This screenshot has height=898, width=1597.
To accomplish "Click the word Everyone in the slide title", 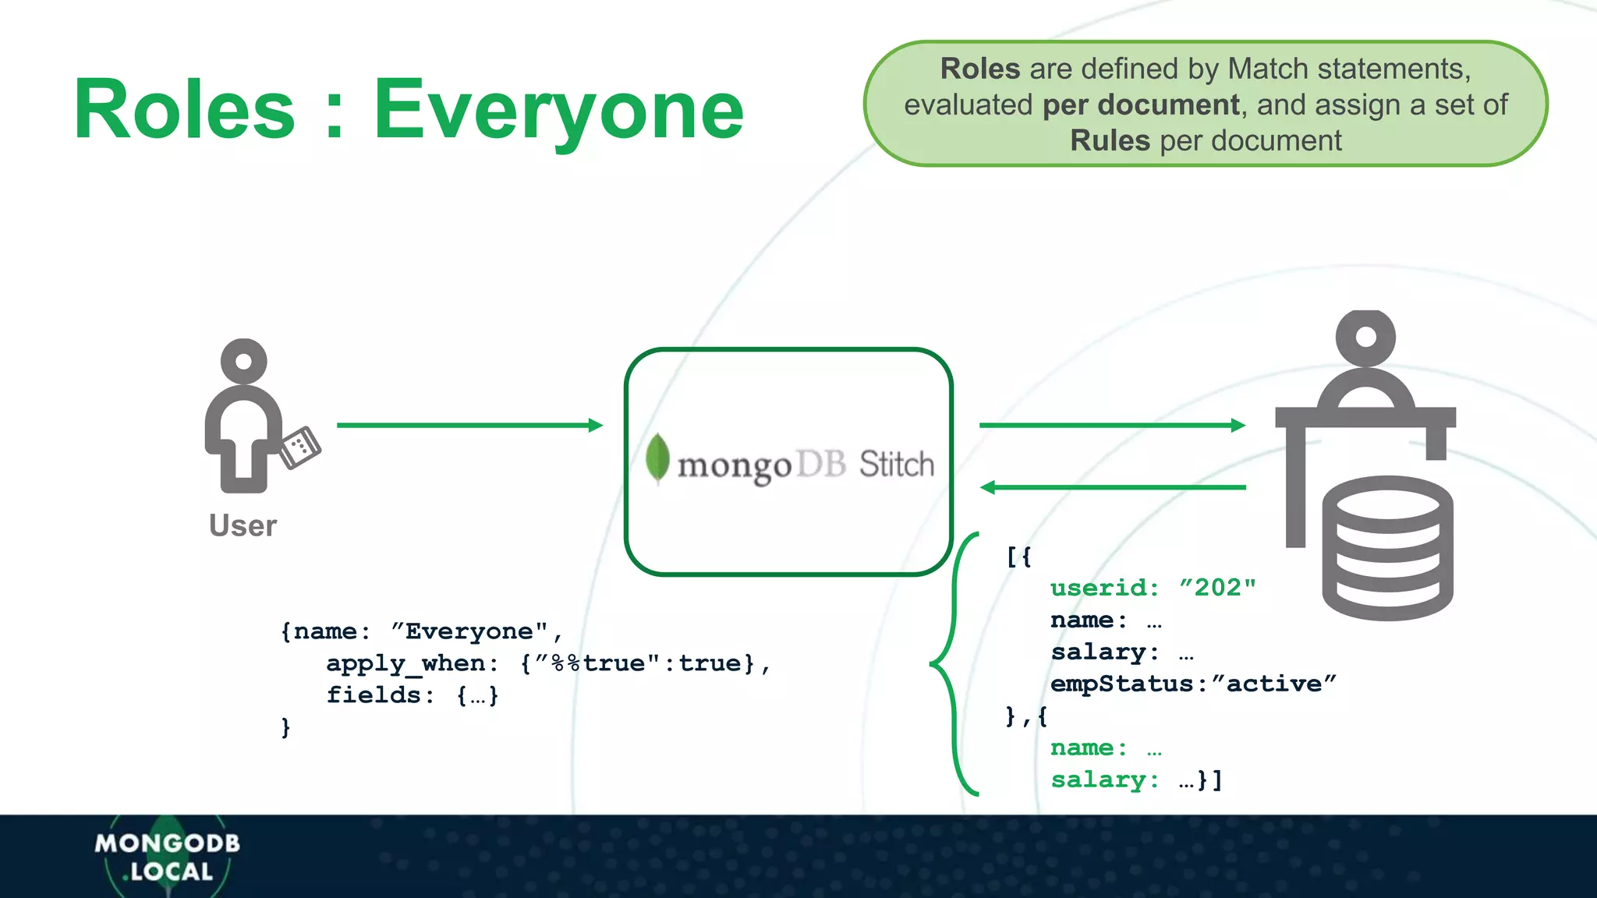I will pos(558,111).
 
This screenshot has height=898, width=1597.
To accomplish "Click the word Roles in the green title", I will pos(184,111).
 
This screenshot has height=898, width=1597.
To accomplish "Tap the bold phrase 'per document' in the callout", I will pos(1141,105).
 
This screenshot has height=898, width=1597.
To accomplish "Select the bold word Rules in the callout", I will pos(1110,141).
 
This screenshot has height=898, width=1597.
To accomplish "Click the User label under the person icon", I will pos(243,526).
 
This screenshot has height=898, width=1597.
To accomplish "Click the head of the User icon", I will pos(244,362).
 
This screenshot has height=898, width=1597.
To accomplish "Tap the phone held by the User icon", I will pos(300,447).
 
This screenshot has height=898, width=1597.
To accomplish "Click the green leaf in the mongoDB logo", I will pos(657,458).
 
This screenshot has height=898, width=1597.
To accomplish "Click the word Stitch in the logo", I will pos(897,465).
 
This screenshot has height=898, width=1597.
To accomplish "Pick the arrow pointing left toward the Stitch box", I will pos(1113,488).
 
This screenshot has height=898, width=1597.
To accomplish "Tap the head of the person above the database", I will pos(1365,337).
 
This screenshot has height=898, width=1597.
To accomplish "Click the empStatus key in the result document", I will pos(1121,684).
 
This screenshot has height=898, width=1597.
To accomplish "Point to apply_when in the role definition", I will pos(405,663).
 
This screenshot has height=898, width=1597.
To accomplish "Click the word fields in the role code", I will pos(373,695).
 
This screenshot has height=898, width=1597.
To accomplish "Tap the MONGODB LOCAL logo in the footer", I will pos(168,857).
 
